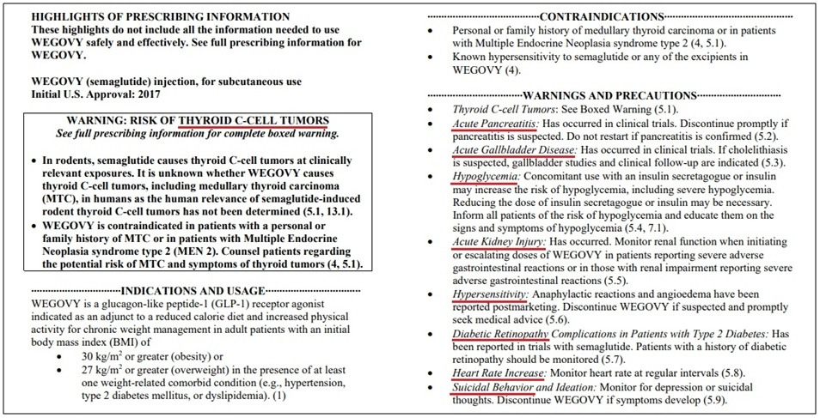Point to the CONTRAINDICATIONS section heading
pyautogui.click(x=606, y=15)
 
